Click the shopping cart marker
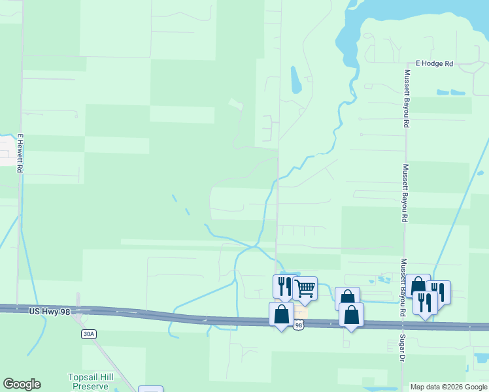point(305,287)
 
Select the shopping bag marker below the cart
point(281,314)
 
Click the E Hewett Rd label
point(20,154)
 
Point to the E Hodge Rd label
point(438,63)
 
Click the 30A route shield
point(88,334)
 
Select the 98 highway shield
point(299,325)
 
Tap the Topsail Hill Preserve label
point(89,382)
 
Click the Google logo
point(22,384)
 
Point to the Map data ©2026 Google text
point(448,387)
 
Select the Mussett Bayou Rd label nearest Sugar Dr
point(404,287)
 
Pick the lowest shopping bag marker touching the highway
point(351,315)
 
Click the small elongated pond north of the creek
point(295,80)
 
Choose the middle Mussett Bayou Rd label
point(405,193)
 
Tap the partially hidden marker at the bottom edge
point(150,389)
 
